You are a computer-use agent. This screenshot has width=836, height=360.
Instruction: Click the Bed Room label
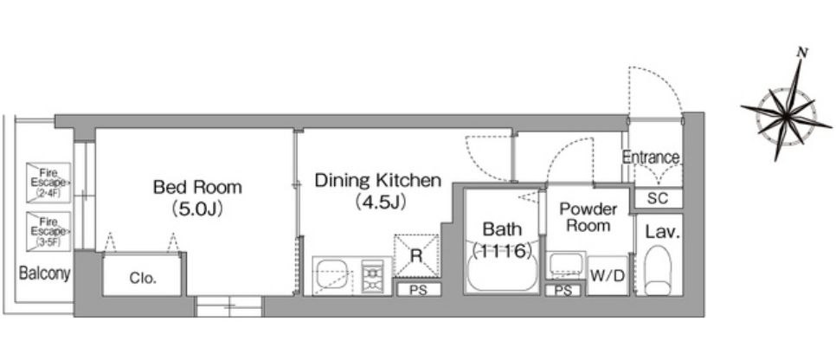197,187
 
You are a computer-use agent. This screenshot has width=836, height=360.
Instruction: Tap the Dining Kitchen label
377,181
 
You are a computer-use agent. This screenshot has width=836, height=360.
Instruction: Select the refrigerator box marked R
416,255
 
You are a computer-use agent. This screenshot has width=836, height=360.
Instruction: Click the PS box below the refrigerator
419,290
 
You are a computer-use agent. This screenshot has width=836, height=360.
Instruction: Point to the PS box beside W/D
563,291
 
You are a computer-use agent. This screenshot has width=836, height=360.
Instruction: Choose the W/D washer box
608,276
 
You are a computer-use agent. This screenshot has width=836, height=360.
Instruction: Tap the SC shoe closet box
658,198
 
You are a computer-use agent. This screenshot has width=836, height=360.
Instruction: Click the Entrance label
651,157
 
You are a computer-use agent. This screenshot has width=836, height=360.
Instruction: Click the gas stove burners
373,276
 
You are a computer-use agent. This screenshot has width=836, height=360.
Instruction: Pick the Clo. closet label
143,278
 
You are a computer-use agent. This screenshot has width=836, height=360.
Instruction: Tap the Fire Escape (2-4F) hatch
48,183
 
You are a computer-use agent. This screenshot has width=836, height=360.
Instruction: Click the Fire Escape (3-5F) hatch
48,231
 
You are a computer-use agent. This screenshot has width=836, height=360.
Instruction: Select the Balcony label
45,274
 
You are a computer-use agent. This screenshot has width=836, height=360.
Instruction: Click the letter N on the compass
801,52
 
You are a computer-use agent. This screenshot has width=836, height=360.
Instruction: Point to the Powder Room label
588,217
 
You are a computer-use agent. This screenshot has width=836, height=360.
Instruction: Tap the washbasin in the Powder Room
566,265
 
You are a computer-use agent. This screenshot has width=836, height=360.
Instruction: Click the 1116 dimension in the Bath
501,249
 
